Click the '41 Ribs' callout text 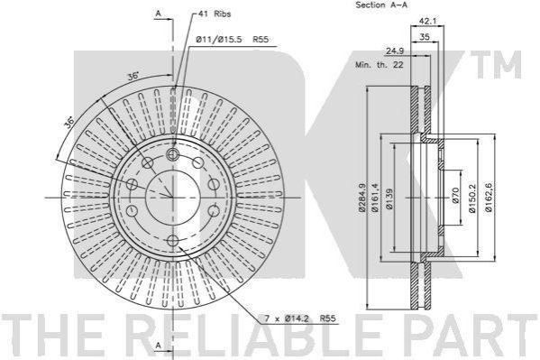(x=215, y=14)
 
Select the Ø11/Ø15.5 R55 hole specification (x=232, y=40)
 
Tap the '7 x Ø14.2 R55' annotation (x=299, y=318)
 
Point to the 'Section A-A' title (x=381, y=5)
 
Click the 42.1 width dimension (x=427, y=22)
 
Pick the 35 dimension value (x=425, y=37)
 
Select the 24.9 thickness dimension (x=394, y=51)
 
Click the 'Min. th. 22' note (x=380, y=64)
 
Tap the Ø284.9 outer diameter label (x=362, y=198)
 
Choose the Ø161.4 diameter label (x=375, y=198)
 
